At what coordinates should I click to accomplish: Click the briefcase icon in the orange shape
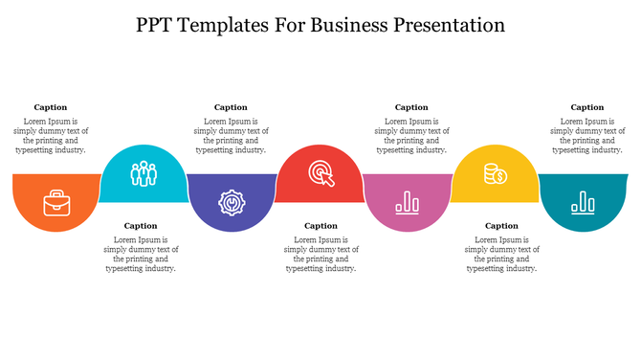tap(55, 202)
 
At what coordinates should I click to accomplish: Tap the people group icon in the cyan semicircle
tap(144, 173)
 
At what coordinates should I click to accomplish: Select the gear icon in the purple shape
tap(231, 202)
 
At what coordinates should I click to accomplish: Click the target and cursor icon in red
tap(320, 173)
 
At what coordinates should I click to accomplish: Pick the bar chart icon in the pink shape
tap(409, 201)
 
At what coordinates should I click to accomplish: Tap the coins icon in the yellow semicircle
tap(495, 173)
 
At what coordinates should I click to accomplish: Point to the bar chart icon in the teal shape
tap(583, 201)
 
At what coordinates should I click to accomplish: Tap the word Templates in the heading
tap(233, 25)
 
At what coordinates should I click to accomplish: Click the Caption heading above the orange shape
tap(51, 107)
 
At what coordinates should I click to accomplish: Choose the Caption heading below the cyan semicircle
tap(141, 226)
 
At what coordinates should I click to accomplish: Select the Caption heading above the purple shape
tap(231, 107)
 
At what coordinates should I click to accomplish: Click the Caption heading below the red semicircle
tap(320, 226)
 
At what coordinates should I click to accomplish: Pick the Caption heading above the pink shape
tap(411, 107)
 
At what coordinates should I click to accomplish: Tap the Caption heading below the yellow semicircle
tap(501, 226)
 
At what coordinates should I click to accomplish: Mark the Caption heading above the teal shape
tap(587, 107)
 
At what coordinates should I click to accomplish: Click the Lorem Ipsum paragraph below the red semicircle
tap(320, 255)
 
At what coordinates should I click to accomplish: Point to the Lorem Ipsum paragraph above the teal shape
tap(587, 136)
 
